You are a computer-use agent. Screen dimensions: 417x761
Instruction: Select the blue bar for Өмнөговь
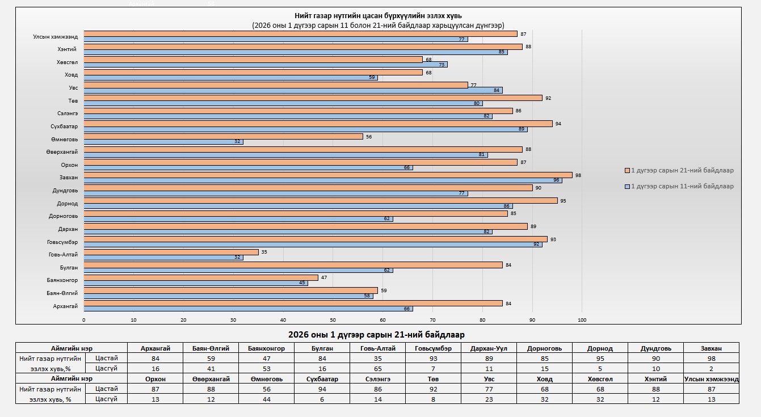click(x=163, y=142)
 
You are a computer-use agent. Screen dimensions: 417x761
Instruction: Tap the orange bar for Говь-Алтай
click(x=171, y=252)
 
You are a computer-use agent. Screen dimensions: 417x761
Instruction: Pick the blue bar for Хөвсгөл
click(x=266, y=65)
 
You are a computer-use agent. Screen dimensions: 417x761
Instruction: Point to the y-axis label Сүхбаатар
click(x=64, y=126)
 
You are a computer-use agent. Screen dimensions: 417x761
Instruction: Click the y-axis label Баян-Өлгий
click(x=62, y=293)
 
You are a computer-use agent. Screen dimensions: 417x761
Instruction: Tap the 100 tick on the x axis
click(x=582, y=320)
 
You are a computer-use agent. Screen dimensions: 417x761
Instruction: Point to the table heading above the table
click(x=376, y=334)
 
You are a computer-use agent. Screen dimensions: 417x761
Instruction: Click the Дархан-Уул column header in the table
click(x=489, y=348)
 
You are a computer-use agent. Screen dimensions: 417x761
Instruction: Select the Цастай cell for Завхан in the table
click(x=711, y=359)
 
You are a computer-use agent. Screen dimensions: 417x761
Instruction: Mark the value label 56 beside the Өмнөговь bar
click(x=369, y=136)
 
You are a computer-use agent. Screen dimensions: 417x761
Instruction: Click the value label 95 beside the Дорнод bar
click(x=562, y=201)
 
